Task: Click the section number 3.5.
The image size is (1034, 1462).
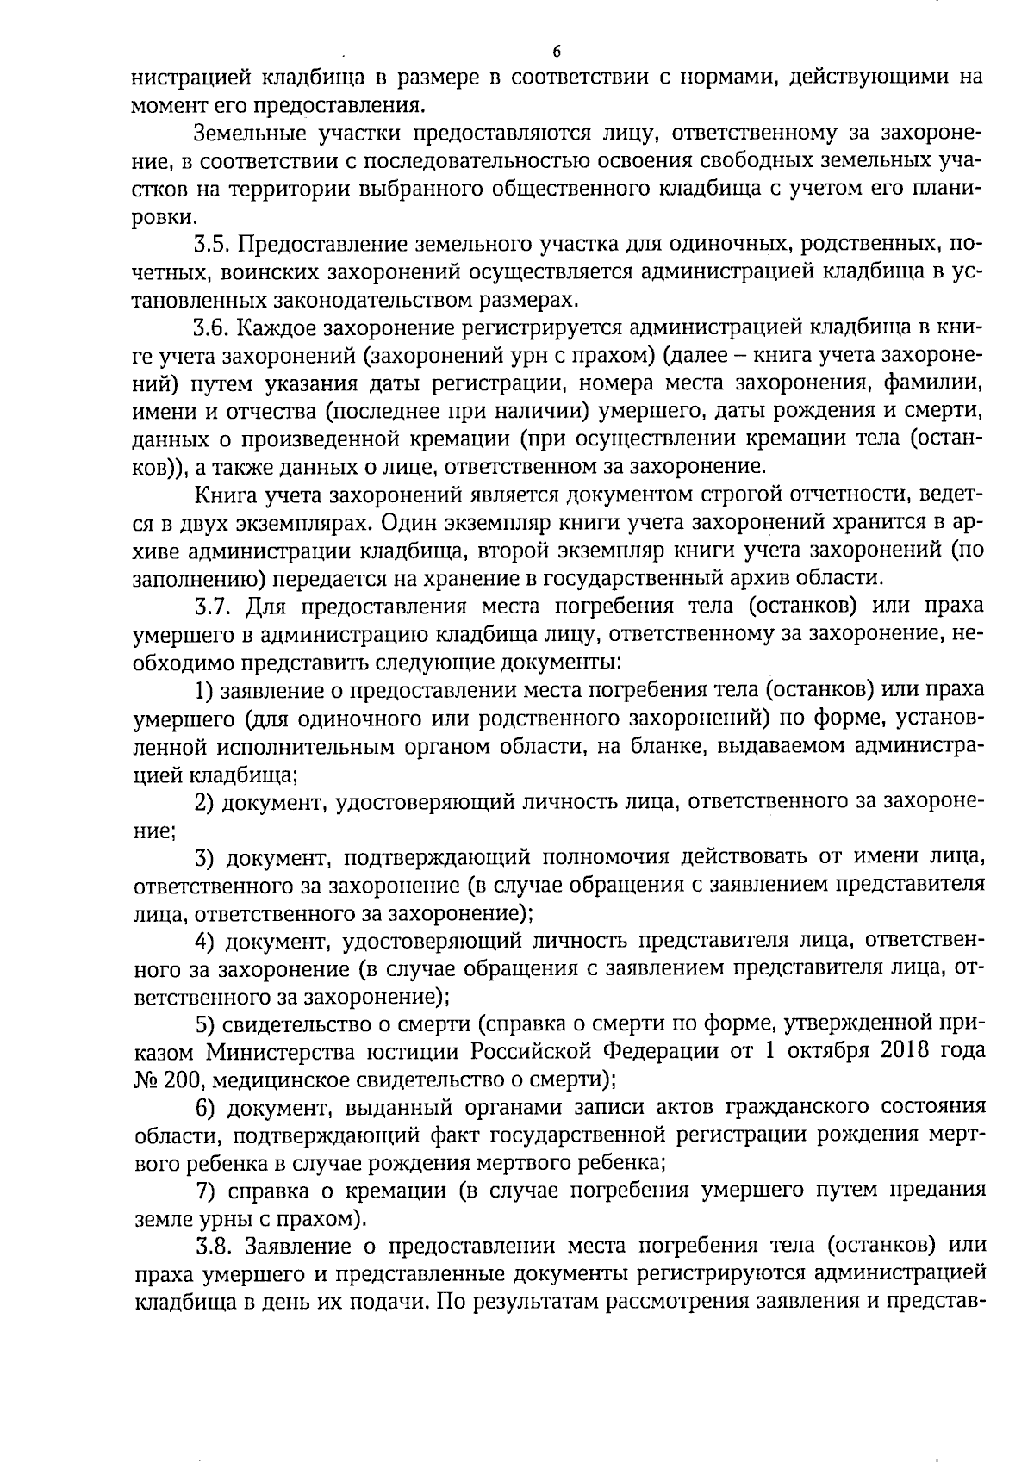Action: click(212, 245)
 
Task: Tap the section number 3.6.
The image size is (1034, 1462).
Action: click(212, 328)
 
